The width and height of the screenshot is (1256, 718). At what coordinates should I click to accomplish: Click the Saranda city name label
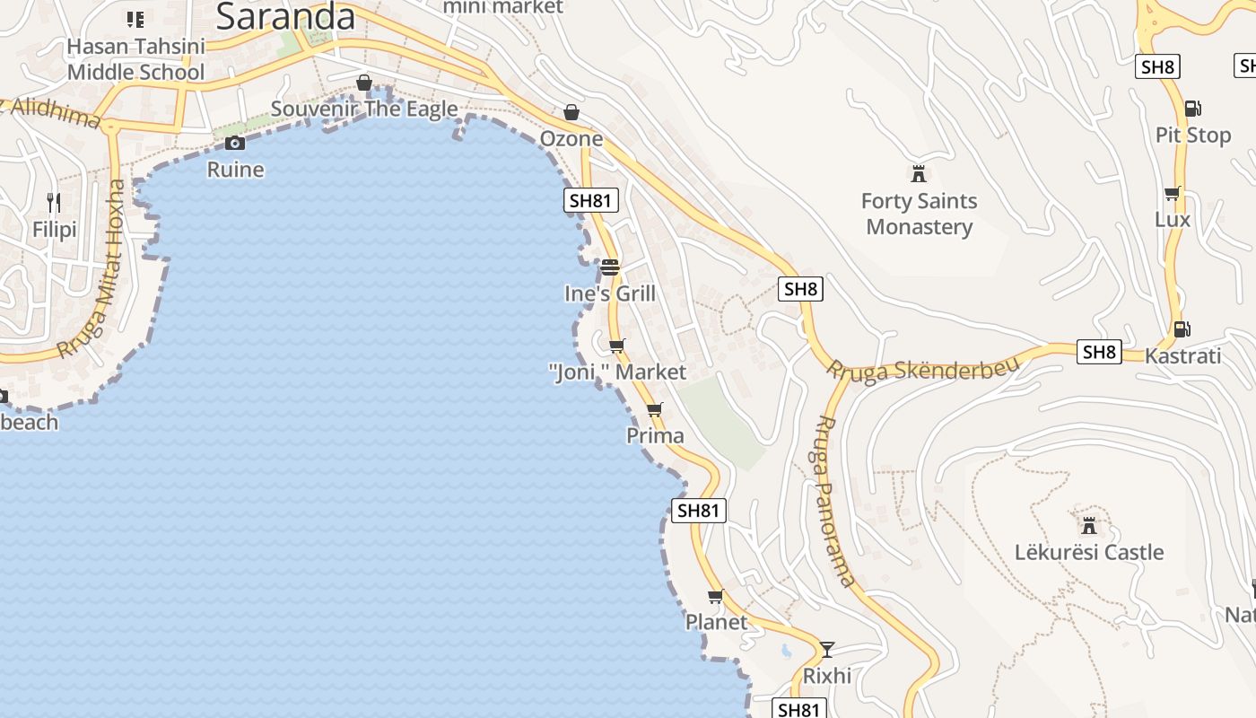[286, 15]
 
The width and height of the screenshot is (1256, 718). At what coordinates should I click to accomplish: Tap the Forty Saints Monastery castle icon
[918, 173]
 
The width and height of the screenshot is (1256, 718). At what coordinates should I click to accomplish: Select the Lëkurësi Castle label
[1089, 552]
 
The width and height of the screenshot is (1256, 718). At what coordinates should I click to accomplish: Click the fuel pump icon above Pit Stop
[1192, 109]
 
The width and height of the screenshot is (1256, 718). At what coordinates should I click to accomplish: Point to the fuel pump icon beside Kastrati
[1182, 329]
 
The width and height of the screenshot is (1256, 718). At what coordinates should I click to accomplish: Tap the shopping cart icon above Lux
[1172, 193]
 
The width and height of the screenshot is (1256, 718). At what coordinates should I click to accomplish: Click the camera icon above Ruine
[235, 143]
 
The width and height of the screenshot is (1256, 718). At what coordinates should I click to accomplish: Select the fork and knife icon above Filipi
[54, 202]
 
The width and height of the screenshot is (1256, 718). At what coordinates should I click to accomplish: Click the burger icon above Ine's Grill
[610, 267]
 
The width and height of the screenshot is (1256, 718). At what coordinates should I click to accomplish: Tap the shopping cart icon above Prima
[655, 410]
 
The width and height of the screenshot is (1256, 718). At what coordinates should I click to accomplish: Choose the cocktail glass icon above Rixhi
[827, 649]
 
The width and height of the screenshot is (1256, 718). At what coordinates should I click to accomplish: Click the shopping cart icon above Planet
[716, 596]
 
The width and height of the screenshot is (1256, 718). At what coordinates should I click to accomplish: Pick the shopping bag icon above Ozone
[571, 112]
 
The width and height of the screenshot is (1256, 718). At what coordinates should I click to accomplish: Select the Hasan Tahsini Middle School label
[136, 59]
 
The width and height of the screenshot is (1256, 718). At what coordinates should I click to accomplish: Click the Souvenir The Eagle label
[364, 109]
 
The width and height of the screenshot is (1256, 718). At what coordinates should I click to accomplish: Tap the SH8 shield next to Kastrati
[1100, 352]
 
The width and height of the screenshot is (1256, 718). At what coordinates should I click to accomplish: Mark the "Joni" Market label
[617, 372]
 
